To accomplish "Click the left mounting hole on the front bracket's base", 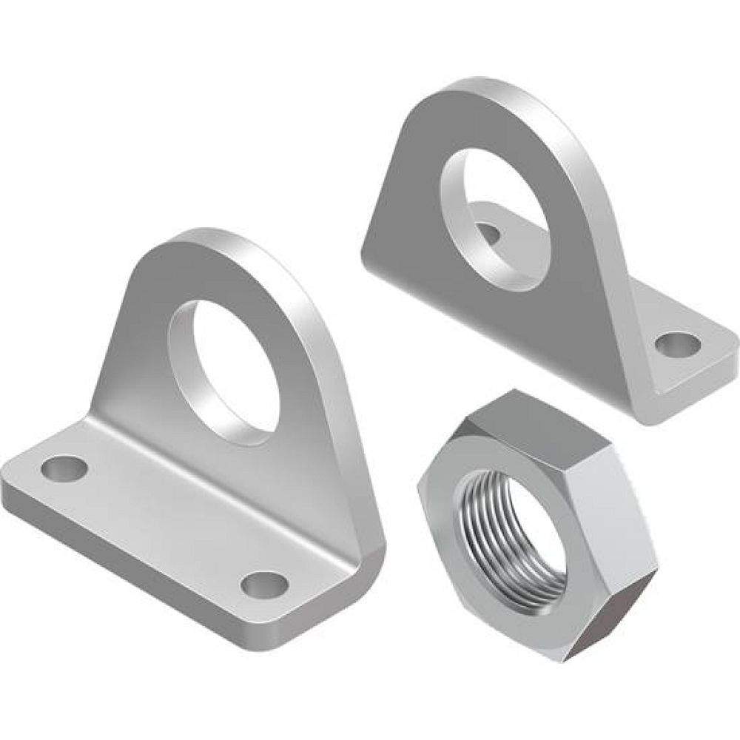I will [62, 468].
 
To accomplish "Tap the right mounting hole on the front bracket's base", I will [264, 585].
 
